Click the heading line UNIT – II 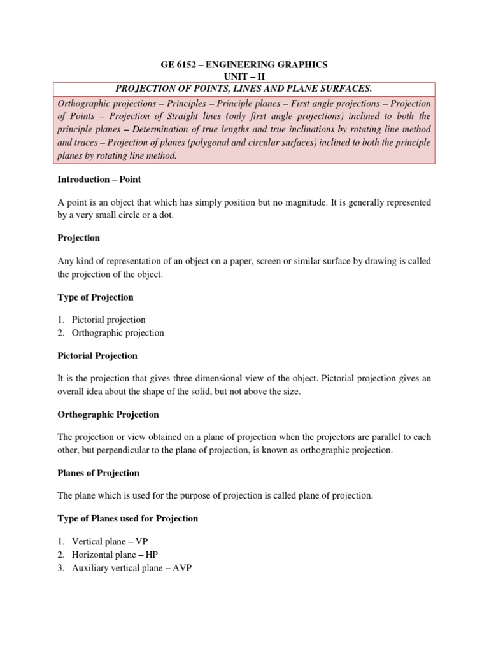(244, 76)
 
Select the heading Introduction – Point (99, 180)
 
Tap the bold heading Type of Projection (96, 297)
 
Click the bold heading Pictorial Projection (97, 355)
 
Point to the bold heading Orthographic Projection (108, 415)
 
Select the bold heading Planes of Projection (98, 473)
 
